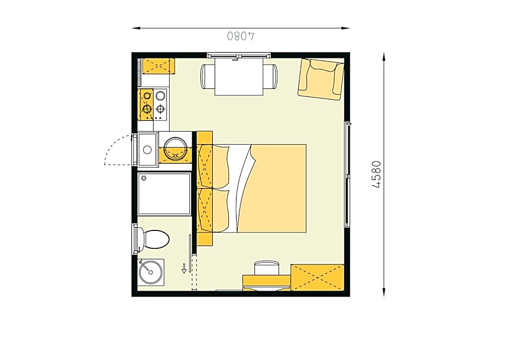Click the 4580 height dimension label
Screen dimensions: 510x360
[x=376, y=175]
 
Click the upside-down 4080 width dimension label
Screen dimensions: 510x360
[x=241, y=36]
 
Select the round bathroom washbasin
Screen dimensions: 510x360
[x=151, y=272]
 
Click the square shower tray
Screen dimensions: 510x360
[x=164, y=194]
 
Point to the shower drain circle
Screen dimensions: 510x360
[x=144, y=178]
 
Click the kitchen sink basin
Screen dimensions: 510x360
[x=148, y=150]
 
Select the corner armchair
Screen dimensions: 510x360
[x=321, y=79]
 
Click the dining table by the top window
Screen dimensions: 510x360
[x=239, y=76]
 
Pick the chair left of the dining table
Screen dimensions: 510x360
[x=207, y=76]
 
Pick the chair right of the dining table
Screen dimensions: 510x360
[x=271, y=76]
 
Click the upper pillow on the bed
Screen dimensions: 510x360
[x=213, y=166]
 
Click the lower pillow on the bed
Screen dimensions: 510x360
[x=213, y=210]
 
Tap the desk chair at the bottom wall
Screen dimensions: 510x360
[x=267, y=268]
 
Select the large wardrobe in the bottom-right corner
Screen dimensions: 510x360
[x=317, y=278]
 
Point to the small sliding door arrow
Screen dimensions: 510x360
[x=184, y=268]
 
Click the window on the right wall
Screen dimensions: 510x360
[x=347, y=175]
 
